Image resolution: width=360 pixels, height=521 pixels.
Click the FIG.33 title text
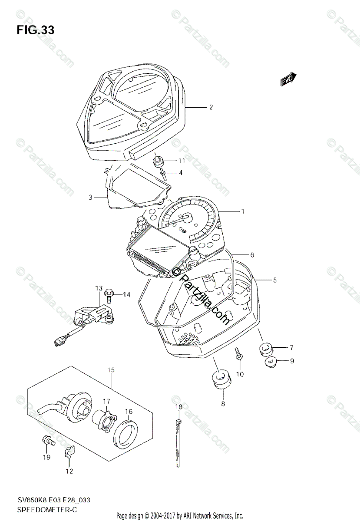click(36, 30)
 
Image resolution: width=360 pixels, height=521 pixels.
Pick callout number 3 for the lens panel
click(91, 197)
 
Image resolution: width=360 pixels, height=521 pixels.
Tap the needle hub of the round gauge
click(187, 217)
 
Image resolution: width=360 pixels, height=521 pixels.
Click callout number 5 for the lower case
click(274, 280)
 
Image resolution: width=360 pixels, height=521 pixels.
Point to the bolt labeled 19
click(47, 441)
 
